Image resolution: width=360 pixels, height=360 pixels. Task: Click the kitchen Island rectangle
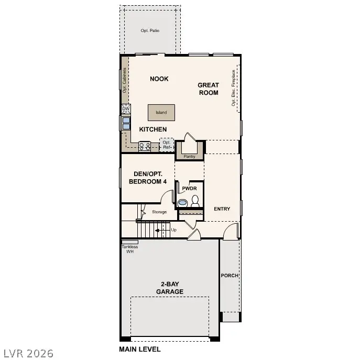click(161, 112)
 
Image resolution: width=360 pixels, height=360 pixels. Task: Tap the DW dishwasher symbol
click(126, 109)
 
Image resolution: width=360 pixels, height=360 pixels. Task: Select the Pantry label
click(189, 156)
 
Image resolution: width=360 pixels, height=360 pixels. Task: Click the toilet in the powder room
click(195, 200)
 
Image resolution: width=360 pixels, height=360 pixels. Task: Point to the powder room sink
click(183, 202)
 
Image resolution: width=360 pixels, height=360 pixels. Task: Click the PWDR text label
click(189, 188)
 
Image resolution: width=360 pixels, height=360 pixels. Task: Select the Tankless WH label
click(129, 249)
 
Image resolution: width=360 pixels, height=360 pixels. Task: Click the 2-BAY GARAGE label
click(169, 288)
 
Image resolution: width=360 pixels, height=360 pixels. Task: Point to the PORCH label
click(230, 276)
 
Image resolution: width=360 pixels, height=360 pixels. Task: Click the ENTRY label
click(222, 209)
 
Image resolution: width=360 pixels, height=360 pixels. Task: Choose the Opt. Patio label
click(150, 31)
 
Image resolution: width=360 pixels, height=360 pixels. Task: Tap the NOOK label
click(159, 79)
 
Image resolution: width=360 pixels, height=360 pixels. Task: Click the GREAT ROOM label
click(208, 89)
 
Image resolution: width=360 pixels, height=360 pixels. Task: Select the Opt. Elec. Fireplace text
click(234, 89)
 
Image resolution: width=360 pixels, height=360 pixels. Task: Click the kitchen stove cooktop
click(145, 146)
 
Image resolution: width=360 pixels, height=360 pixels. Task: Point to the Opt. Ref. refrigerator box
click(167, 145)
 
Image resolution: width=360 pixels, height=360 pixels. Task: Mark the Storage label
click(159, 212)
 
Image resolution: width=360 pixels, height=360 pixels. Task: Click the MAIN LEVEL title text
click(140, 349)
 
